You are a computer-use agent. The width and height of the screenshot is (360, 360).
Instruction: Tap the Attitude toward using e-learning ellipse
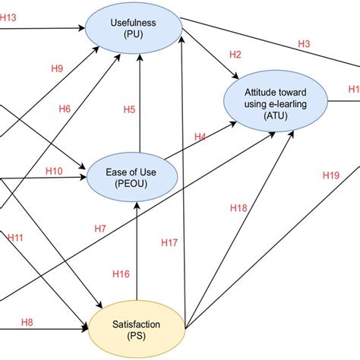274,102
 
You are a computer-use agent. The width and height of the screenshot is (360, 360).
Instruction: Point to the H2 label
235,55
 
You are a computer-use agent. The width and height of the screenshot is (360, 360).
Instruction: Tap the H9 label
57,68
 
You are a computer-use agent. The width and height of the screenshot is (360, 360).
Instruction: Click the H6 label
65,109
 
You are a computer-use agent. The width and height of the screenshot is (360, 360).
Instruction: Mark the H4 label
200,137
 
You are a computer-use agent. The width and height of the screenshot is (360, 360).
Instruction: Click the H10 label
54,171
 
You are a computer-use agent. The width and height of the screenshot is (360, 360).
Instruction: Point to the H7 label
100,228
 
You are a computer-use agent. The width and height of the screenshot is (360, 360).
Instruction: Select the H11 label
16,238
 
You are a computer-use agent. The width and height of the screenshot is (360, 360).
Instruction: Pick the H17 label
169,243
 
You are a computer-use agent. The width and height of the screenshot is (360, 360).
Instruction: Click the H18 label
238,207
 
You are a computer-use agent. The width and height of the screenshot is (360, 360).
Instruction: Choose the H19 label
330,175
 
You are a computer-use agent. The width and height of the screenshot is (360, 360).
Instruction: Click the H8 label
27,321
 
